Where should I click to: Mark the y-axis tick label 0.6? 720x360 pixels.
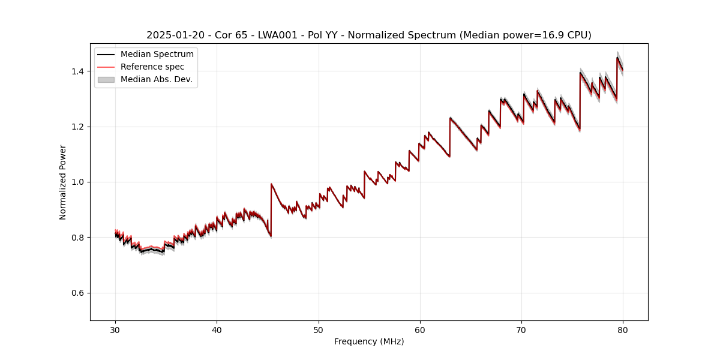coord(79,293)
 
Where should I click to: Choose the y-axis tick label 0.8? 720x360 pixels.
coord(79,238)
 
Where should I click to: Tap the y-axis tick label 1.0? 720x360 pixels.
coord(79,182)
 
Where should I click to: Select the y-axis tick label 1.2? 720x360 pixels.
coord(79,127)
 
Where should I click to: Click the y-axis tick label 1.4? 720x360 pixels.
coord(79,71)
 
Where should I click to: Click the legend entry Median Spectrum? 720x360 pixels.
coord(157,55)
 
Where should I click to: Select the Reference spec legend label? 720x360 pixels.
coord(152,67)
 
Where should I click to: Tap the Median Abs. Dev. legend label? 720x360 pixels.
coord(156,79)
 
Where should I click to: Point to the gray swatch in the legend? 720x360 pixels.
coord(107,79)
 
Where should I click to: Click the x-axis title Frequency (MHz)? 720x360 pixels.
coord(369,341)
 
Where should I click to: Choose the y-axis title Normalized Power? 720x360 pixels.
coord(63,182)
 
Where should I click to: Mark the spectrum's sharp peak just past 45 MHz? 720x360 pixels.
coord(271,184)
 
